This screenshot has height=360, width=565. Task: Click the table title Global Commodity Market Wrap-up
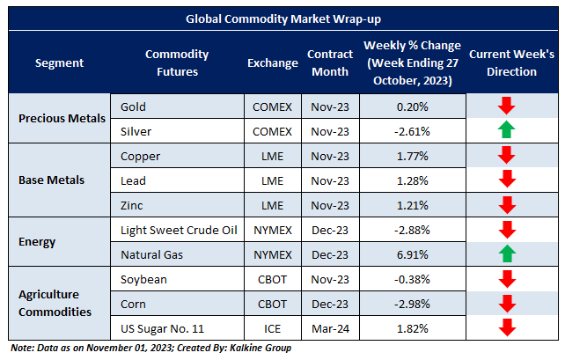click(x=282, y=18)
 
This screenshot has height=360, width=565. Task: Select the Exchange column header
click(x=272, y=62)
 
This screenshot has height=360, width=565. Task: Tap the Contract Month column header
click(x=330, y=62)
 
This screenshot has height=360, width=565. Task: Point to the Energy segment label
click(x=39, y=242)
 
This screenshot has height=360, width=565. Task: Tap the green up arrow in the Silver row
click(x=505, y=131)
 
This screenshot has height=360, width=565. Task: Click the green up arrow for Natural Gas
click(x=505, y=254)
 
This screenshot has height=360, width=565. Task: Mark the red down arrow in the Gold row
click(x=505, y=107)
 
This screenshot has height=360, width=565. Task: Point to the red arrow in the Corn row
click(x=505, y=304)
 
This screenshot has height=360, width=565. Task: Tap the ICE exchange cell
click(x=272, y=328)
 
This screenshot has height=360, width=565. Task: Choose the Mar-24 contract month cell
click(x=330, y=328)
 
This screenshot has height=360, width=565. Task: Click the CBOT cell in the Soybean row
click(x=272, y=279)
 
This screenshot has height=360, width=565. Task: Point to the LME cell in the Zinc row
click(x=272, y=205)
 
